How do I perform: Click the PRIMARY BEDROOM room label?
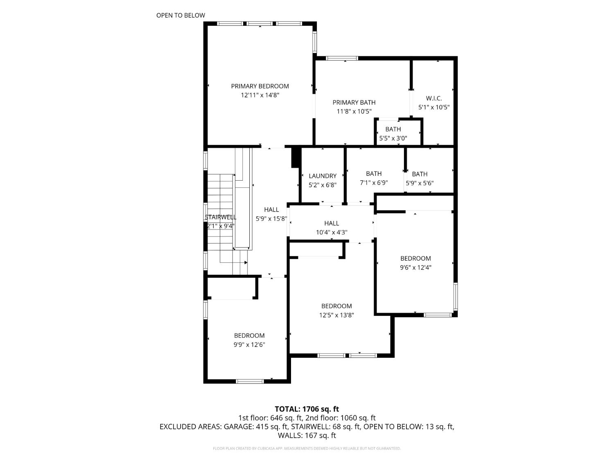(260, 86)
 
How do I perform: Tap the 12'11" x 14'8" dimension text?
(260, 95)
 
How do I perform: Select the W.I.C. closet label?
(433, 98)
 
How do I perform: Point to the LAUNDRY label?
(323, 176)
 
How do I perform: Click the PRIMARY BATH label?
(354, 102)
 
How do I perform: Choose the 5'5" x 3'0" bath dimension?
(393, 139)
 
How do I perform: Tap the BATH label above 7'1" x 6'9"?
(373, 174)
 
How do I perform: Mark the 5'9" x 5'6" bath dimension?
(420, 183)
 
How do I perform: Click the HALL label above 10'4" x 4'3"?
(331, 223)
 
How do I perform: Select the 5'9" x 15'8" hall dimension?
(271, 219)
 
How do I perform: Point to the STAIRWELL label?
(221, 217)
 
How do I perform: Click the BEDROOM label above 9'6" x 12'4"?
(415, 259)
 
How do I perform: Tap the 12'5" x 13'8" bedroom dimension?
(336, 315)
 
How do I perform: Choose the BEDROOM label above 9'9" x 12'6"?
(249, 336)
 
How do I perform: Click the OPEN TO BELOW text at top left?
(181, 16)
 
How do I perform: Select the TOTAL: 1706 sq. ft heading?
(307, 409)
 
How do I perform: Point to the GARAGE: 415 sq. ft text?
(253, 427)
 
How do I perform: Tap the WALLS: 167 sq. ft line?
(307, 435)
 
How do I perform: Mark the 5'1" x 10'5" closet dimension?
(433, 107)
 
